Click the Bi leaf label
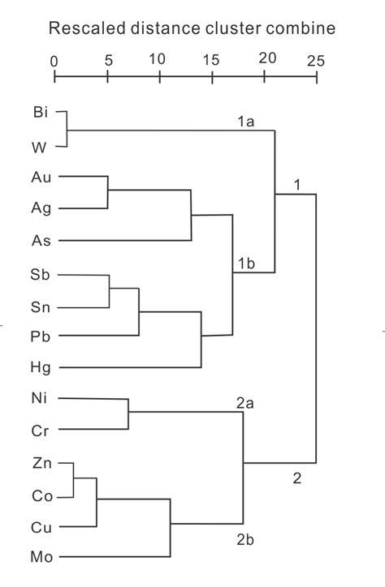41,112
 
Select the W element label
39,148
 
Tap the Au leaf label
41,177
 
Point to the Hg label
41,367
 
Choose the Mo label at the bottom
41,557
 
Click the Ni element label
39,398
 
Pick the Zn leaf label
41,463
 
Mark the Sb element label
40,274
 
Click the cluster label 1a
246,122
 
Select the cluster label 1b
247,264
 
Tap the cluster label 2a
245,403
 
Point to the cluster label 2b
245,539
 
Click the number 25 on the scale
316,61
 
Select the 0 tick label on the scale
54,62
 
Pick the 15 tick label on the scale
211,59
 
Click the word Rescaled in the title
87,28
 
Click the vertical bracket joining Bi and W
67,129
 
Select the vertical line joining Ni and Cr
128,413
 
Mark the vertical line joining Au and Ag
108,192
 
